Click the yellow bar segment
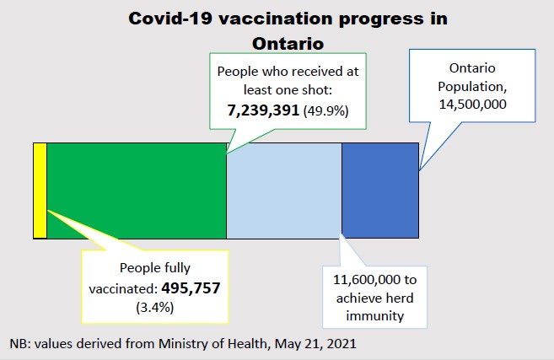pyautogui.click(x=40, y=191)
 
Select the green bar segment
pyautogui.click(x=136, y=191)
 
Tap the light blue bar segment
pyautogui.click(x=283, y=191)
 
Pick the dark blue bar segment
pyautogui.click(x=379, y=191)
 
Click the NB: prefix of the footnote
pyautogui.click(x=21, y=344)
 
